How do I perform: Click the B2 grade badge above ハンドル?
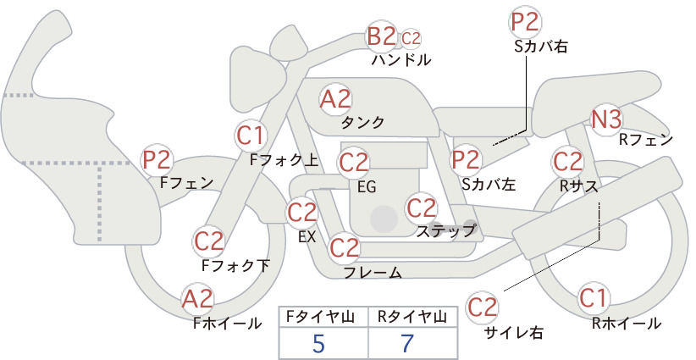point(381,36)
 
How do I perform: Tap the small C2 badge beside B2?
point(411,39)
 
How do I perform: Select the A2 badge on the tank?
point(335,100)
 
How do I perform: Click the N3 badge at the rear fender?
point(606,119)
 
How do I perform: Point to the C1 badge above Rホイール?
point(594,298)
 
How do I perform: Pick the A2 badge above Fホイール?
point(197,299)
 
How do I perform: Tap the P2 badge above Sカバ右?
point(525,22)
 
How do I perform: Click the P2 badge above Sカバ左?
point(466,160)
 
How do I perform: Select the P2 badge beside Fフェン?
point(157,160)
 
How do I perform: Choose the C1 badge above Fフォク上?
point(251,136)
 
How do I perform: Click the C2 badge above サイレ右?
point(482,307)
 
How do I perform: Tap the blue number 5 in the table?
point(318,343)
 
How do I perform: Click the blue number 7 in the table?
point(407,343)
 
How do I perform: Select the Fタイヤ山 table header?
point(320,317)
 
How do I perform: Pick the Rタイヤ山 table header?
point(412,317)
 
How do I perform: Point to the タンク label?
point(362,123)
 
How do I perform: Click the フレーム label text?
point(373,273)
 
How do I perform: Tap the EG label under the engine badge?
point(367,187)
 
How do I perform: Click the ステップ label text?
point(446,231)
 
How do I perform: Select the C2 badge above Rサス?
point(567,161)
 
